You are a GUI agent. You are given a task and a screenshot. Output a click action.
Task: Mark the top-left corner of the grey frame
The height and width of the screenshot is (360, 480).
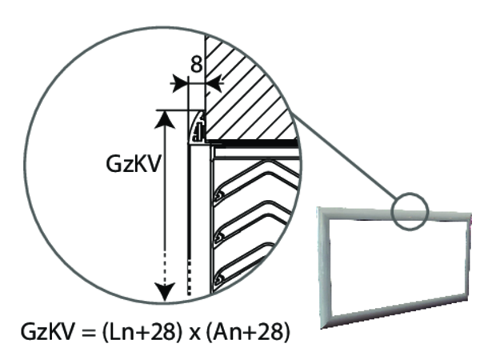coord(321,210)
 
